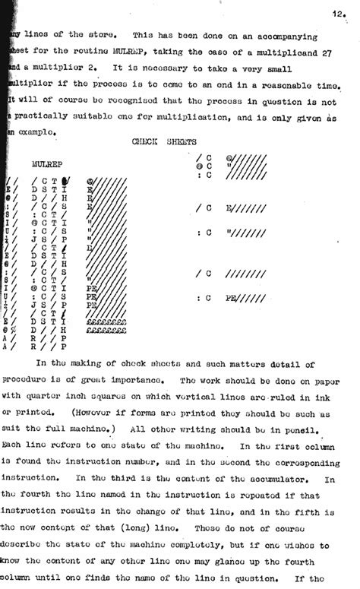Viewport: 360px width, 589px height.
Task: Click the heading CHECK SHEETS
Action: (x=166, y=141)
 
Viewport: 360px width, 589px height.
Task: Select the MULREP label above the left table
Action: (x=47, y=163)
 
